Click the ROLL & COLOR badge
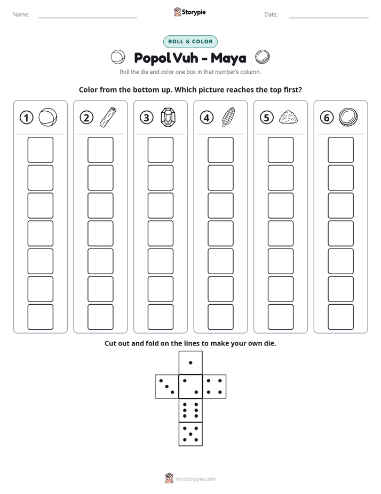point(190,42)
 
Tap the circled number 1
point(26,118)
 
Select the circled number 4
point(207,118)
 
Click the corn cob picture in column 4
point(228,117)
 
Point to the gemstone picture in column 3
point(168,117)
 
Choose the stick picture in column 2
point(108,117)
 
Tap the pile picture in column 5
point(288,117)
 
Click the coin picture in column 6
point(348,117)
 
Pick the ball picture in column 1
point(48,118)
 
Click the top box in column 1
point(40,150)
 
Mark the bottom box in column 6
point(340,317)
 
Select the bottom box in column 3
point(160,317)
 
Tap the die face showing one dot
point(190,363)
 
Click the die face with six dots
point(190,410)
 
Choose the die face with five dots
point(190,434)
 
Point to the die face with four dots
point(215,387)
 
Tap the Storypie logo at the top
point(189,12)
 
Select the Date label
point(271,14)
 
